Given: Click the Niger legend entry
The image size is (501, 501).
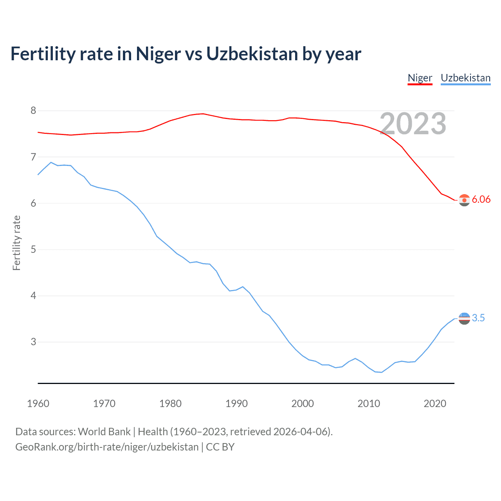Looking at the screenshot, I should (x=420, y=78).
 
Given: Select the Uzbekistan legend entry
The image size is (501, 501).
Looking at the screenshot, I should (x=465, y=78).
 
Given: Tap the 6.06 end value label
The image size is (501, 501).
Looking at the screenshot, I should (x=481, y=200).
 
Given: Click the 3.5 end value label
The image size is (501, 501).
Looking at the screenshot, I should (x=478, y=318).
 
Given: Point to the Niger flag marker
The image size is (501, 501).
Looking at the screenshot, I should (x=464, y=200).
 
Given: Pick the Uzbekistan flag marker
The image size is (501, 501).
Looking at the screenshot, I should (x=464, y=319).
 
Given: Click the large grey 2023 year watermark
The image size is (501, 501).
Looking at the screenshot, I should (x=413, y=124).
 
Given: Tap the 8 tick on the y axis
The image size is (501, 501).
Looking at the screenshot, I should (x=33, y=111).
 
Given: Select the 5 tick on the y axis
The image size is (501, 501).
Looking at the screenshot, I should (x=33, y=250).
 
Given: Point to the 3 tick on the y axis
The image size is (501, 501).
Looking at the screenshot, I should (x=33, y=342).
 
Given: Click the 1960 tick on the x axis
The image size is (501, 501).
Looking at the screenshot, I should (x=38, y=404).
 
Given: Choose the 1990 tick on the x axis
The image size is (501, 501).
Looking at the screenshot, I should (x=236, y=404).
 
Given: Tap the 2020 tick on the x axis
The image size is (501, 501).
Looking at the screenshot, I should (x=435, y=404).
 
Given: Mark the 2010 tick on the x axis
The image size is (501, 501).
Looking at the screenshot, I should (x=369, y=404).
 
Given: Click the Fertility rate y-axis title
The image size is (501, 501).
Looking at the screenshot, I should (x=16, y=243).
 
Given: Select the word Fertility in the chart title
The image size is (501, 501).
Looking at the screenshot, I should (x=43, y=54).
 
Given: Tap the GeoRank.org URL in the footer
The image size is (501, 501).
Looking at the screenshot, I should (x=107, y=447).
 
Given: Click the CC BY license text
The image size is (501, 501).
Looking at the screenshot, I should (x=220, y=447).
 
